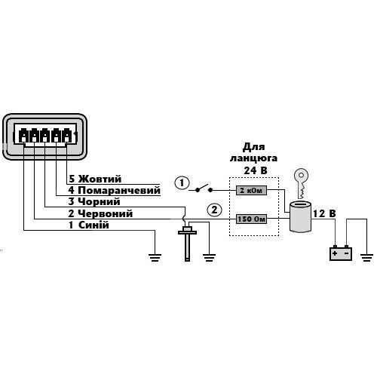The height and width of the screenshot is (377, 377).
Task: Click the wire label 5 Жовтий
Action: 95,179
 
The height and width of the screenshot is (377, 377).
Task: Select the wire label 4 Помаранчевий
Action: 114,190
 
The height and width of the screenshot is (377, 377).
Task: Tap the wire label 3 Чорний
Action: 94,201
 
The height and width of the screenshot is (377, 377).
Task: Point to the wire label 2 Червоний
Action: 100,213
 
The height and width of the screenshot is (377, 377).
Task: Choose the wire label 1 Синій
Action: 89,225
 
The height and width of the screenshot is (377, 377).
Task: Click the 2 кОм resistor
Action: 251,190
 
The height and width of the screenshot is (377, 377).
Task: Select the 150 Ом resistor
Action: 251,219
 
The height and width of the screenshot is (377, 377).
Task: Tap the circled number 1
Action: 182,183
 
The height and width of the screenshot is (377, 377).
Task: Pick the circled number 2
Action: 214,210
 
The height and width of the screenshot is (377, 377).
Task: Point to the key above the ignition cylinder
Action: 302,183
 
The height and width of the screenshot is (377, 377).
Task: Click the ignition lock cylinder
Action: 301,216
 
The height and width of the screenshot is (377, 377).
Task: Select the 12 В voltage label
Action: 324,213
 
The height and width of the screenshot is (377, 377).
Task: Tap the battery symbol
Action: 341,253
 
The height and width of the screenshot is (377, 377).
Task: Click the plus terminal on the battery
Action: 335,253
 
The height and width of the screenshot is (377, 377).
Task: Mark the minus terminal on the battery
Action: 347,253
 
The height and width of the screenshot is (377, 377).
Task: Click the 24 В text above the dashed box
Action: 256,170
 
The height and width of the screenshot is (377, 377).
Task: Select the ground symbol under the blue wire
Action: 155,258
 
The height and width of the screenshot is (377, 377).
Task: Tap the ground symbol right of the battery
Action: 366,258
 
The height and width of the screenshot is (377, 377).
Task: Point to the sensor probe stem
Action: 187,247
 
